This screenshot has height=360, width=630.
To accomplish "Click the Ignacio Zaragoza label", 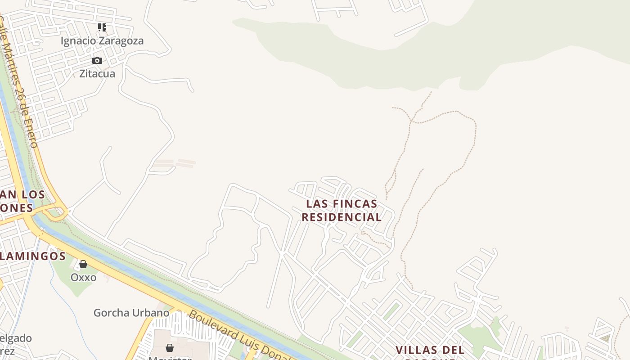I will point(102,41).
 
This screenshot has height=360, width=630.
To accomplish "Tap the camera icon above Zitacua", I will point(97,60).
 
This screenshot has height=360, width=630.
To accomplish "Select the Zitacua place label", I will point(97,74).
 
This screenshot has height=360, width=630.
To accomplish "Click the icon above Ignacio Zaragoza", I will point(102,27).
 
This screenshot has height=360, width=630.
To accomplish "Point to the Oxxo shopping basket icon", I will point(83,264).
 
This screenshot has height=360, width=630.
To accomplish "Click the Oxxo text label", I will point(83,277).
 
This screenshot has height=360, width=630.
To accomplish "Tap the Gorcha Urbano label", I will point(131,312).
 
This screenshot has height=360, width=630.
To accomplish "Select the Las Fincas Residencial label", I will point(342,210).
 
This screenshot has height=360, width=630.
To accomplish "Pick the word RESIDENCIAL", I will point(342,217).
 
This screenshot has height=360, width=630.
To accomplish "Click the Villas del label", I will point(430,350).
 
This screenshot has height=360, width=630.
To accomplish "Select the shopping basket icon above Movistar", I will point(170,348).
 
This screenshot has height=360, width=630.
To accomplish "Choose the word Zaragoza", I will point(121,41).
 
